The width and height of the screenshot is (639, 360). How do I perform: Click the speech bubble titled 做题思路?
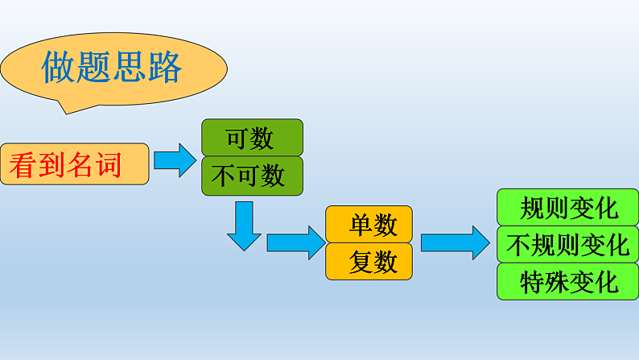coord(113,68)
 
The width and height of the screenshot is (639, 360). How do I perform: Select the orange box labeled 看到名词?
coord(74,164)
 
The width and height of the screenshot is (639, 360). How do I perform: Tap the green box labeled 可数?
coord(251,138)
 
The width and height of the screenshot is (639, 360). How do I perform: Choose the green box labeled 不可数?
coord(251,176)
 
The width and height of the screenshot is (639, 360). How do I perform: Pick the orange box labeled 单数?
coord(369,225)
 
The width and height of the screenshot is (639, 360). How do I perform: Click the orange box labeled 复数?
coord(369,262)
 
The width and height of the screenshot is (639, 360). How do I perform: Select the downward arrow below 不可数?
coord(244,226)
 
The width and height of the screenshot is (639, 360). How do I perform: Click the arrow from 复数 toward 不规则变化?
coord(455,242)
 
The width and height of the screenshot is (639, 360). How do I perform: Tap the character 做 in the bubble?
coord(59,68)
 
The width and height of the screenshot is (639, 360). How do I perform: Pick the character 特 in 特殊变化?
coord(533,282)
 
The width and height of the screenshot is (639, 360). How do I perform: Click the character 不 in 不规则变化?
coord(518,244)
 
